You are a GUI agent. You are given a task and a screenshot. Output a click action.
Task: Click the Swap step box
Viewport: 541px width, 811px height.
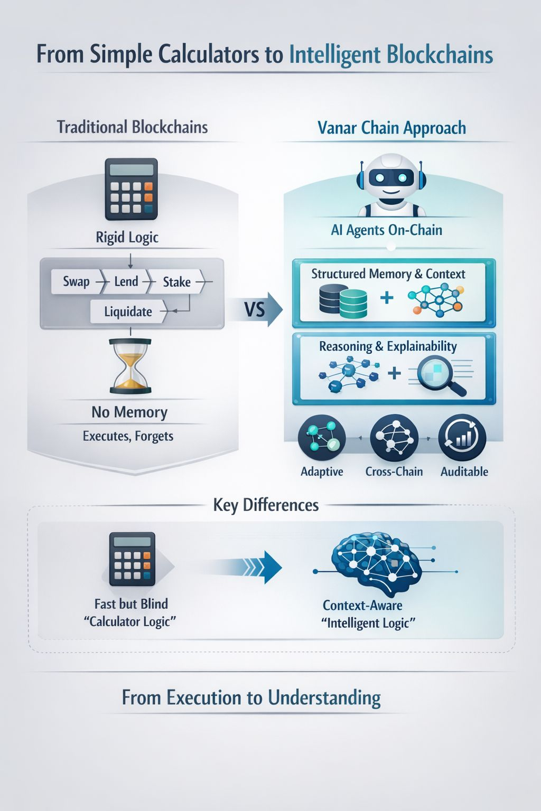pos(76,281)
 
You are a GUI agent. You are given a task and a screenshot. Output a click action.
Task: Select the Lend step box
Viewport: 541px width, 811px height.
pos(126,281)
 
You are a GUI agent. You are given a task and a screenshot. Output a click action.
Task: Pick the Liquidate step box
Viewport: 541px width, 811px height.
pos(128,312)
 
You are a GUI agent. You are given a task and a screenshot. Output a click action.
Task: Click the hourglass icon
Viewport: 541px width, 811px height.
pos(130,366)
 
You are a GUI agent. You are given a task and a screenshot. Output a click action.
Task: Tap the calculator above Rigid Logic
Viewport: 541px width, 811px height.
pos(131,189)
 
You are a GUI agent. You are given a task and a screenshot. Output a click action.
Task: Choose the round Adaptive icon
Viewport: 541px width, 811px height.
pos(322,438)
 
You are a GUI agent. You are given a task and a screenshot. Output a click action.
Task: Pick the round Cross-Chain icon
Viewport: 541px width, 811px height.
pos(394,438)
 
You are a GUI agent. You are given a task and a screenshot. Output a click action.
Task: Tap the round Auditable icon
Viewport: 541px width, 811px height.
pos(462,438)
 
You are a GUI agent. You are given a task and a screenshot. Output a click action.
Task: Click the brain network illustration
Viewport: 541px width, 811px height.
pos(376,563)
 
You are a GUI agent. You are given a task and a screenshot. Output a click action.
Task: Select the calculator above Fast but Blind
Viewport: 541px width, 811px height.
pos(132,559)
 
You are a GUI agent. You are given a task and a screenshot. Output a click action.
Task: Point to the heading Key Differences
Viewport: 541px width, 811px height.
pos(266,505)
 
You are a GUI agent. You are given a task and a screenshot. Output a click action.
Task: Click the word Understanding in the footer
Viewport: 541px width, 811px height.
pos(324,698)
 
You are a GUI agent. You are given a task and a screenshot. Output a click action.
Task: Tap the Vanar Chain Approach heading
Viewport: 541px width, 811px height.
pos(391,128)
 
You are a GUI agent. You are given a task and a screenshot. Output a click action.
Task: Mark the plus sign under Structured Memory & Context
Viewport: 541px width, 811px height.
pos(387,298)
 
